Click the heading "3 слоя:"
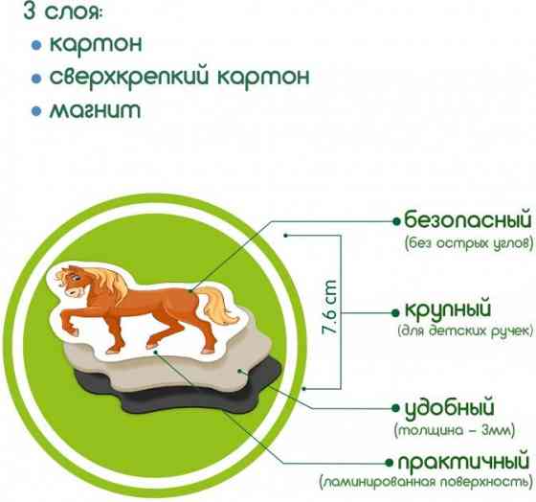coord(57,15)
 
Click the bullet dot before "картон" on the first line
coord(36,45)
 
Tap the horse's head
coord(79,284)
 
